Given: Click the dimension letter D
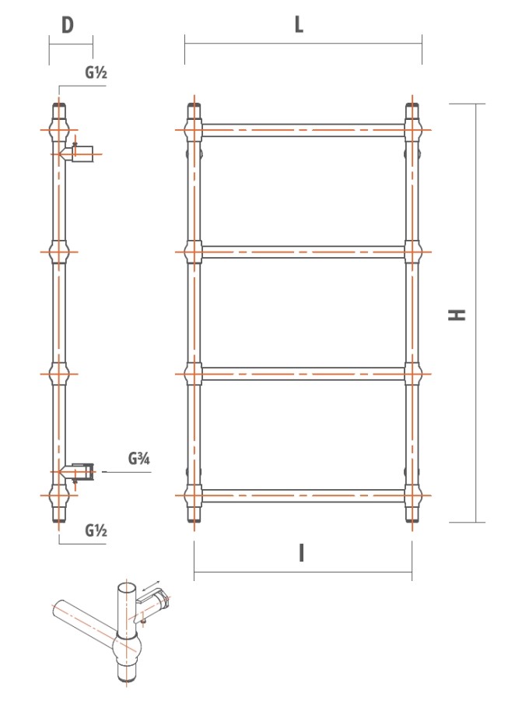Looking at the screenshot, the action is tap(68, 25).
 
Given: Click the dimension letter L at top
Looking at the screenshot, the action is tap(299, 25).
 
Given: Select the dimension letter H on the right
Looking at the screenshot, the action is tap(457, 315).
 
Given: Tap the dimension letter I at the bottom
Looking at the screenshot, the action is tap(302, 552).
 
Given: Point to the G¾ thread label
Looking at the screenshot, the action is tap(139, 459).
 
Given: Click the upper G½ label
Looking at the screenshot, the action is tap(96, 72).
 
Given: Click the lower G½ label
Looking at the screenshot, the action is tap(96, 530).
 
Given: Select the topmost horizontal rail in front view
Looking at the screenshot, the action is tap(303, 130).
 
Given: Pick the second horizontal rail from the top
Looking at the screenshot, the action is tap(303, 252).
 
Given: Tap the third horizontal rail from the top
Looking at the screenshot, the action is tap(303, 374).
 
